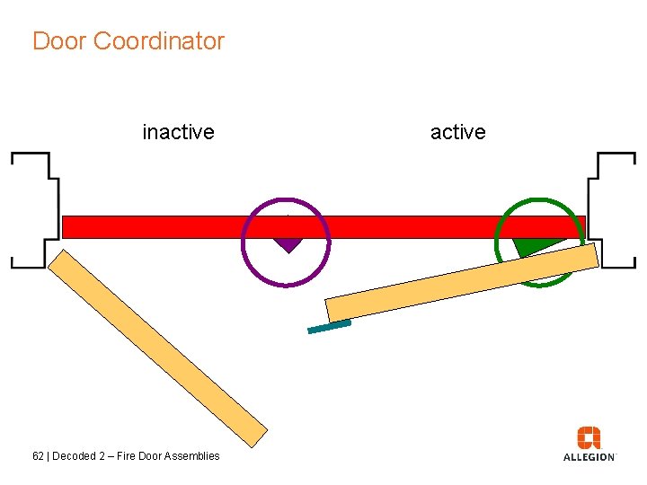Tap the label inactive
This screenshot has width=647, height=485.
(178, 132)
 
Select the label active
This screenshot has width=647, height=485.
(457, 132)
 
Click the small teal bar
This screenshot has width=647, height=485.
(329, 327)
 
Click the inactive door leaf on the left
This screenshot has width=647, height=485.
(157, 347)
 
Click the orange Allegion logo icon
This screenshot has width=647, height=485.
(589, 438)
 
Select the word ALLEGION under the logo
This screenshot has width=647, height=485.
(589, 457)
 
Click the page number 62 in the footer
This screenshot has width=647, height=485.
(38, 456)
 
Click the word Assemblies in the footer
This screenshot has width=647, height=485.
(192, 456)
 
